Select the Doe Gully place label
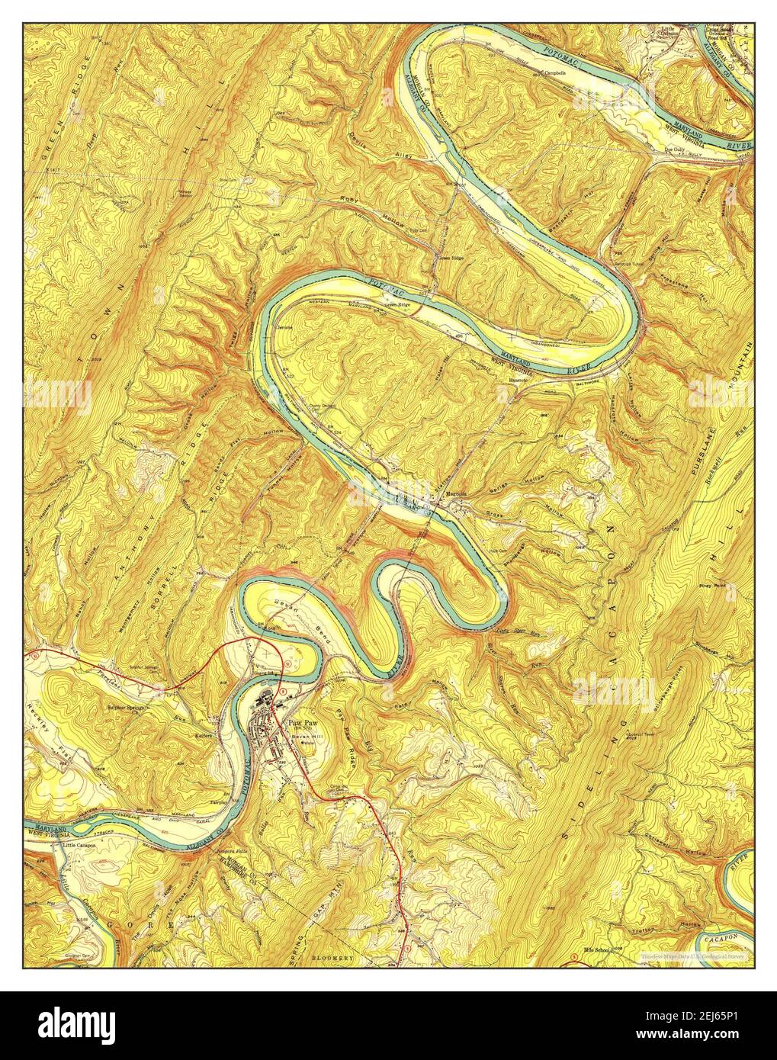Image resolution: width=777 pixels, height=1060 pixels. tap(673, 149)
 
